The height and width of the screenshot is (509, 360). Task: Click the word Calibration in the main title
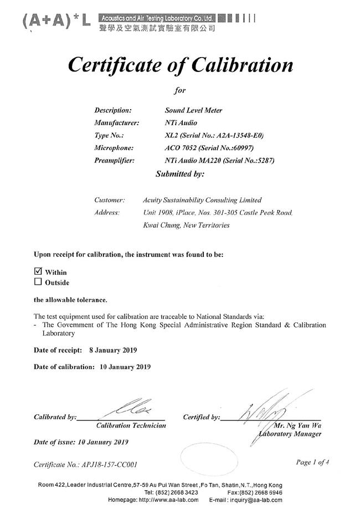(242, 65)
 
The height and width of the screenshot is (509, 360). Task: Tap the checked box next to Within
(38, 271)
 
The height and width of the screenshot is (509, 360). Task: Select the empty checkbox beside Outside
(38, 281)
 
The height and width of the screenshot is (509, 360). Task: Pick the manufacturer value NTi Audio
(181, 122)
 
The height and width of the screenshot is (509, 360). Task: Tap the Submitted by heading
(180, 174)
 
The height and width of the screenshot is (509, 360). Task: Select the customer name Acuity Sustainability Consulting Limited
(202, 200)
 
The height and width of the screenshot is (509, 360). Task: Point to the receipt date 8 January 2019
(112, 350)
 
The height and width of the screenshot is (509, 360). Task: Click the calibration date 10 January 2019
(126, 367)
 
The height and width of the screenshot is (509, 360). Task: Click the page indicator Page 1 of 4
(312, 462)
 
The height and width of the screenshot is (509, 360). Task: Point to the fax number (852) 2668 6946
(262, 492)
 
